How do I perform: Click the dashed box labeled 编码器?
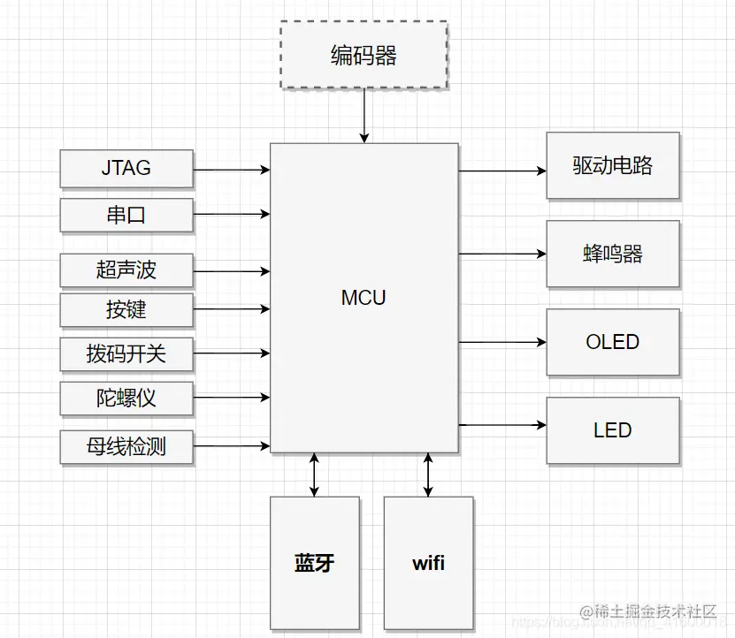click(x=364, y=56)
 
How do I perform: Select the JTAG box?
click(x=126, y=169)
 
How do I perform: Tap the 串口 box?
click(x=126, y=215)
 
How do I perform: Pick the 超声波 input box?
click(x=126, y=270)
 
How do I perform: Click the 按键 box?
click(x=126, y=310)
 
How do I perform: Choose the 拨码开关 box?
click(x=126, y=354)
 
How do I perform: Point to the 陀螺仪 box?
click(x=126, y=399)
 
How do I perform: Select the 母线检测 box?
click(x=126, y=447)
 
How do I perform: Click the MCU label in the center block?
click(x=364, y=298)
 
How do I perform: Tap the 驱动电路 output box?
click(x=613, y=166)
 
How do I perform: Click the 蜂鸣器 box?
click(x=613, y=254)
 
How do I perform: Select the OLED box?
click(x=613, y=342)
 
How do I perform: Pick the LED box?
click(x=613, y=430)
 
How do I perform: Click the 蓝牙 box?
click(x=314, y=563)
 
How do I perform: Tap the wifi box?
click(x=428, y=563)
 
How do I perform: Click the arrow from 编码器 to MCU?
click(x=364, y=116)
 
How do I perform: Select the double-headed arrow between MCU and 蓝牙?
click(x=314, y=475)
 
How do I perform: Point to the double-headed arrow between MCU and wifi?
click(x=428, y=475)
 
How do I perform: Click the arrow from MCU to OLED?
click(x=501, y=342)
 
